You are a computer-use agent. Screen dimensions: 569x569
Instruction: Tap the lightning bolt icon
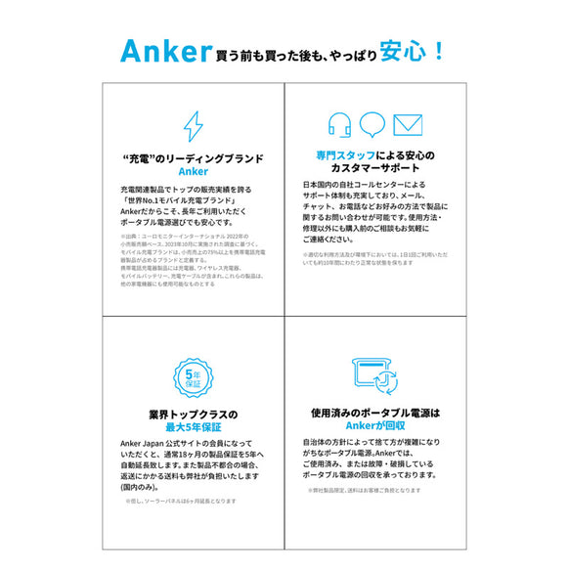tap(194, 127)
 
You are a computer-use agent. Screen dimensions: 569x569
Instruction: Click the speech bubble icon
tap(373, 125)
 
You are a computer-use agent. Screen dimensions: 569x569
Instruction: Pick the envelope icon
tap(408, 125)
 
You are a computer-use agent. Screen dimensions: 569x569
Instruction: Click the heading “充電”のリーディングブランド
tap(194, 157)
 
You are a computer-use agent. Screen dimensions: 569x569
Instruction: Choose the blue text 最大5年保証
tap(194, 427)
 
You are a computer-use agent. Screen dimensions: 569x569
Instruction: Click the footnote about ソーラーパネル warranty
tap(180, 502)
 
